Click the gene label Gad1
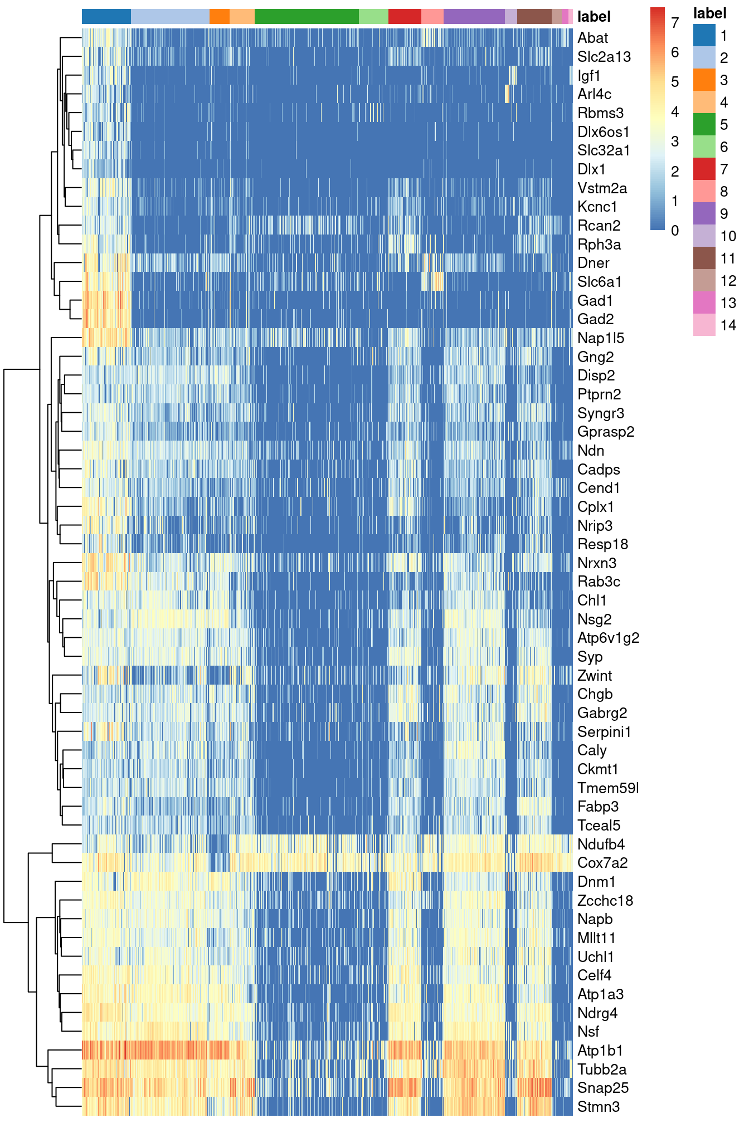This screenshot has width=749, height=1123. coord(595,301)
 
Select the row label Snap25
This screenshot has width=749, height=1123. coord(602,1088)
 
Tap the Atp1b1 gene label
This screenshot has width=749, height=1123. coord(600,1051)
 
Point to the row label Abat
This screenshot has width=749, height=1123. coord(592,38)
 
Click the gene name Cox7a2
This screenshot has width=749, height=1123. coord(602,863)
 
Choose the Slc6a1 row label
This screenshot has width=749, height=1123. coord(599,282)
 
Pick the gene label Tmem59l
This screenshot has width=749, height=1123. coord(607,788)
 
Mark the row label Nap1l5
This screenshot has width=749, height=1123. coord(600,338)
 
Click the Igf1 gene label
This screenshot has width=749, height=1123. coord(589,76)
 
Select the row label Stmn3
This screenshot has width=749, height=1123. coord(598,1107)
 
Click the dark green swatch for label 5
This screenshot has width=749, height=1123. coord(704,124)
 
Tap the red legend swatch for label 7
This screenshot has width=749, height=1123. coord(704,169)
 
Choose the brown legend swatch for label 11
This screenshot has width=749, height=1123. coord(704,258)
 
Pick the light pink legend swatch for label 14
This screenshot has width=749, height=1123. coord(704,325)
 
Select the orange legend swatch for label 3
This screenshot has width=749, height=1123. coord(704,80)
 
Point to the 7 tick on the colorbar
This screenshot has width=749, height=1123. coord(675,23)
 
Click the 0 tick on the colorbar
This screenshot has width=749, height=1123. coord(675,231)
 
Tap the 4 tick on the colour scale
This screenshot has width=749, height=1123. coord(675,112)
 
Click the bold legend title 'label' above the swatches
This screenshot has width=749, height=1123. coord(709,13)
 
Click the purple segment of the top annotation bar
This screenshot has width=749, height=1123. coord(474,17)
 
